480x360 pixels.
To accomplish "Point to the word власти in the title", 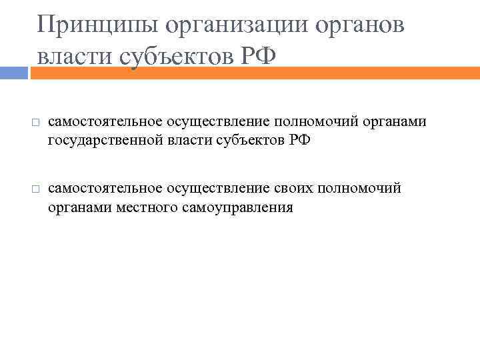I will (x=75, y=57).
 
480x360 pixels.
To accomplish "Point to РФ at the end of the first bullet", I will (x=299, y=141).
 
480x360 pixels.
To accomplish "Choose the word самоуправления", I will (x=237, y=207).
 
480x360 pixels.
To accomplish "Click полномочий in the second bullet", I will (x=360, y=189).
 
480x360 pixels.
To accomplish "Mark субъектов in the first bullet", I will (x=251, y=141).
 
